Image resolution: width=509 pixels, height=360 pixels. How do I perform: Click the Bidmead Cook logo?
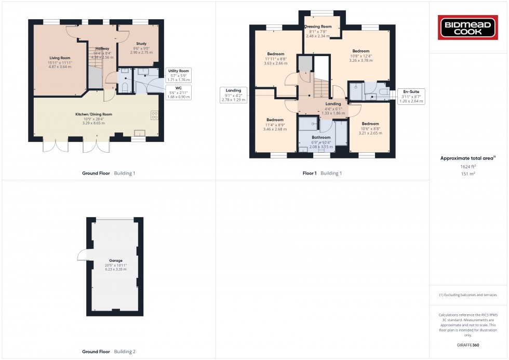click(x=467, y=28)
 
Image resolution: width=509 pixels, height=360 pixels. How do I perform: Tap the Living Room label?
click(x=60, y=58)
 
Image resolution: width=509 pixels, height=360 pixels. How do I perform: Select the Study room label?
click(x=141, y=44)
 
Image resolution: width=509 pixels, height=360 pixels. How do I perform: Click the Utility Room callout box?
click(x=178, y=75)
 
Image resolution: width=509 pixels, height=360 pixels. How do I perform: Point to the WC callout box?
click(x=178, y=92)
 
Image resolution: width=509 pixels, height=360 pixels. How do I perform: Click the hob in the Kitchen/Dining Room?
click(x=155, y=115)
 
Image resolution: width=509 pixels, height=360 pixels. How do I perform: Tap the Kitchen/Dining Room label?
click(x=94, y=114)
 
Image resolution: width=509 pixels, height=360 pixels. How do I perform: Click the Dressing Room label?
click(x=318, y=26)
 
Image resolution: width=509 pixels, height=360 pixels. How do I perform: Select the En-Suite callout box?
click(x=411, y=97)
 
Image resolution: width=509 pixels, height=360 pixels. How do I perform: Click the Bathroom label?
click(x=321, y=137)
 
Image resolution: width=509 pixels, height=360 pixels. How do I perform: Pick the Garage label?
click(x=115, y=260)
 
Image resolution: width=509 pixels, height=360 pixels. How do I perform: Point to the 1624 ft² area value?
click(x=468, y=167)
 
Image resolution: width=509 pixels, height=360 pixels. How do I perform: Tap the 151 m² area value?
click(x=468, y=174)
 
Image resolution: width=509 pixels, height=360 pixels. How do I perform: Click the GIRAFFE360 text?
click(x=468, y=345)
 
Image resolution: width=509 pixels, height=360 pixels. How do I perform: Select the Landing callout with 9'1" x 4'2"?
click(x=233, y=95)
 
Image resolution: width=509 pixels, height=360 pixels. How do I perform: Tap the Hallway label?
click(x=102, y=48)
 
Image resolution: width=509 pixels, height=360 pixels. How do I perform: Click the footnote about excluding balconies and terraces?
click(x=468, y=295)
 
